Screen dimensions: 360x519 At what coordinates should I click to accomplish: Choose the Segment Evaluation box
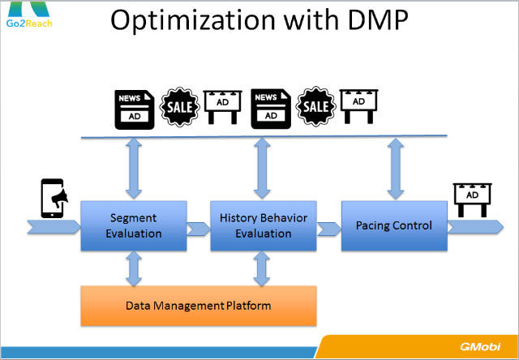[134, 225]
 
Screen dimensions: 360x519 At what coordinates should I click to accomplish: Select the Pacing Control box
[393, 225]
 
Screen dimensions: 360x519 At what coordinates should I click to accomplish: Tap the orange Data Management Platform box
[198, 306]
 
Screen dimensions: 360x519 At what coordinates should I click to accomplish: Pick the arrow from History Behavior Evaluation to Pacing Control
[328, 229]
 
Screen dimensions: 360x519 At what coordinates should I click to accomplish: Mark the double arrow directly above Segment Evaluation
[134, 167]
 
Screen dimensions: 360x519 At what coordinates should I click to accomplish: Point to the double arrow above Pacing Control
[395, 167]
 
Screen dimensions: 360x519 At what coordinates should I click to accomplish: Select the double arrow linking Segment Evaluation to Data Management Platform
[134, 268]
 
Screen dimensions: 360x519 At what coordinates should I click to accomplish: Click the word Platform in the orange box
[248, 306]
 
